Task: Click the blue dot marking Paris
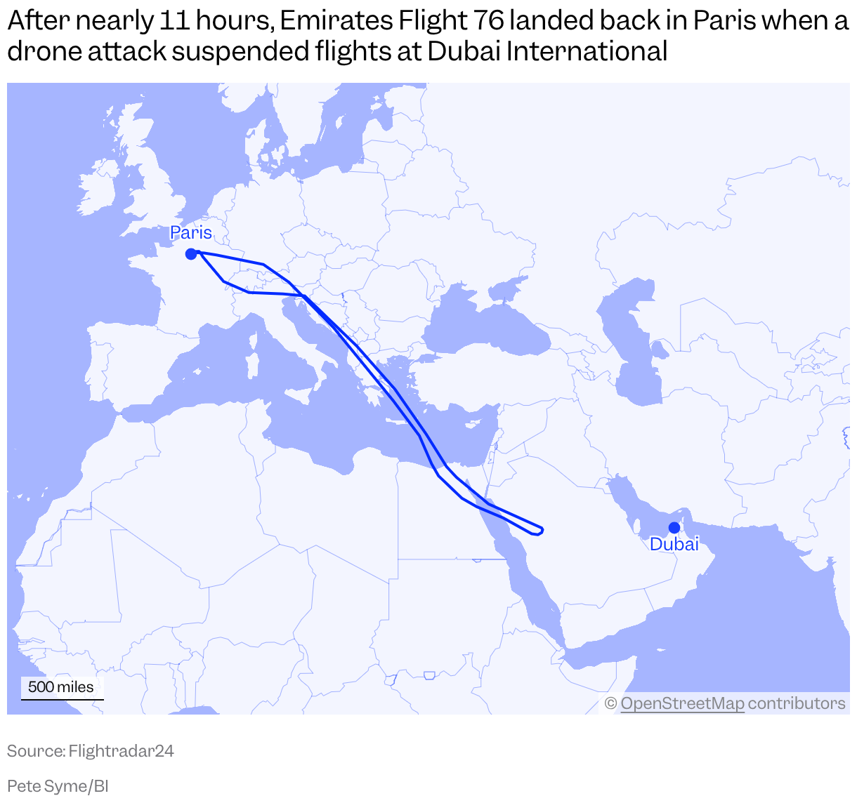[190, 254]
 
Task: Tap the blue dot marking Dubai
[674, 527]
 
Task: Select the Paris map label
[191, 233]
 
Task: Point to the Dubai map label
[674, 544]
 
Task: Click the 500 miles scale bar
[62, 689]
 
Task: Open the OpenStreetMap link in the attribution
[682, 703]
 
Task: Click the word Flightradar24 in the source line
[121, 751]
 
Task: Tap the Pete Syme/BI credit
[58, 786]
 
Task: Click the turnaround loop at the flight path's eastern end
[539, 529]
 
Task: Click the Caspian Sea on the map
[632, 351]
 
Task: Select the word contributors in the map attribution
[796, 703]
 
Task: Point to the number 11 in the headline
[174, 21]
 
